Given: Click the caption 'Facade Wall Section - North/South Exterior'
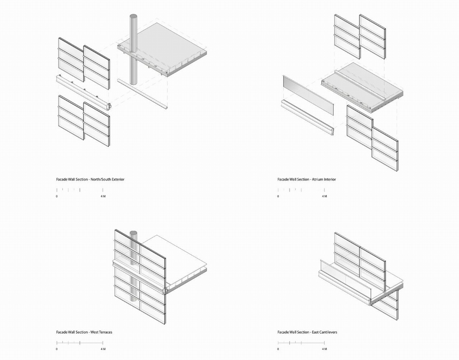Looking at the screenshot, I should click(x=90, y=179).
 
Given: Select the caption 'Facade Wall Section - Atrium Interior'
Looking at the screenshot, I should click(x=307, y=179).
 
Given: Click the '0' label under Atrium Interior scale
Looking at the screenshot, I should click(x=278, y=196).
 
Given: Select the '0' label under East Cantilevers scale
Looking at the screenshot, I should click(x=278, y=349).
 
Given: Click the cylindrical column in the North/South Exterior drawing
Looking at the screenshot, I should click(x=134, y=50).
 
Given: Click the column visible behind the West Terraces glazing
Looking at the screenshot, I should click(x=134, y=275).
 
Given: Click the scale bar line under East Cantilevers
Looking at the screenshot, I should click(x=301, y=343).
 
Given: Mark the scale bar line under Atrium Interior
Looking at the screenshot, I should click(x=301, y=190).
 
